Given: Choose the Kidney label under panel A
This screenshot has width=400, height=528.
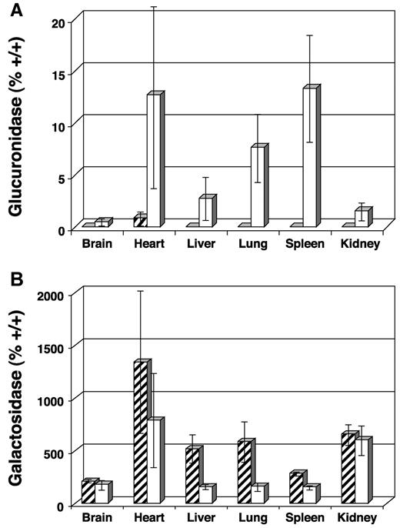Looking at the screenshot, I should pos(356,246).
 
